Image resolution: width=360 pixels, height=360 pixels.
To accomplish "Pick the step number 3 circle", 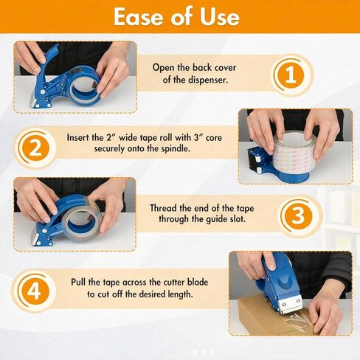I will pos(297,215).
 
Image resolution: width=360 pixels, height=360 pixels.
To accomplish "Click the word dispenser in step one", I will pos(212,80).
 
